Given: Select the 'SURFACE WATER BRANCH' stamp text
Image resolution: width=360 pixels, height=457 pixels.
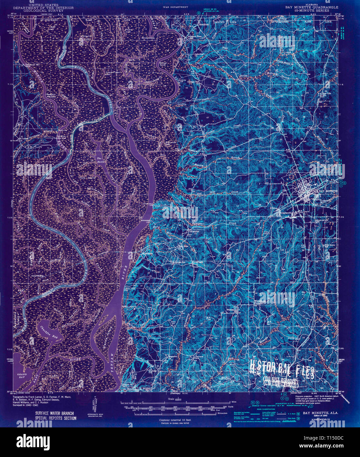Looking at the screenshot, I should (x=54, y=413).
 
